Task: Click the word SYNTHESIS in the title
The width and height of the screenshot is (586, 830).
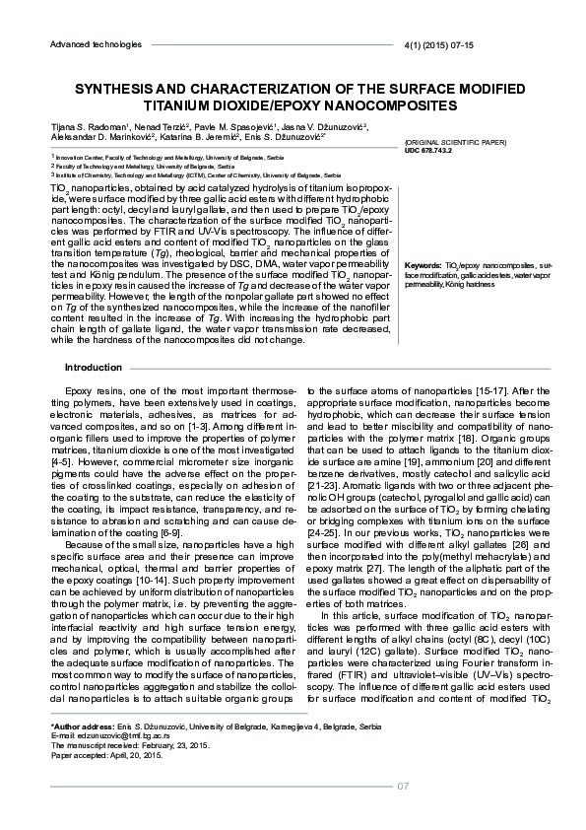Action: coord(111,87)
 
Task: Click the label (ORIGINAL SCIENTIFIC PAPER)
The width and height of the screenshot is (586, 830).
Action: coord(455,143)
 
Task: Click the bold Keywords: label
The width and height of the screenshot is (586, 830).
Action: coord(423,266)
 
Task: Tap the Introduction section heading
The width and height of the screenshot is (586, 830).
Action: coord(93,368)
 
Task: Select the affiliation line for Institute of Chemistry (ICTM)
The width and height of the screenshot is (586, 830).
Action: coord(197,174)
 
